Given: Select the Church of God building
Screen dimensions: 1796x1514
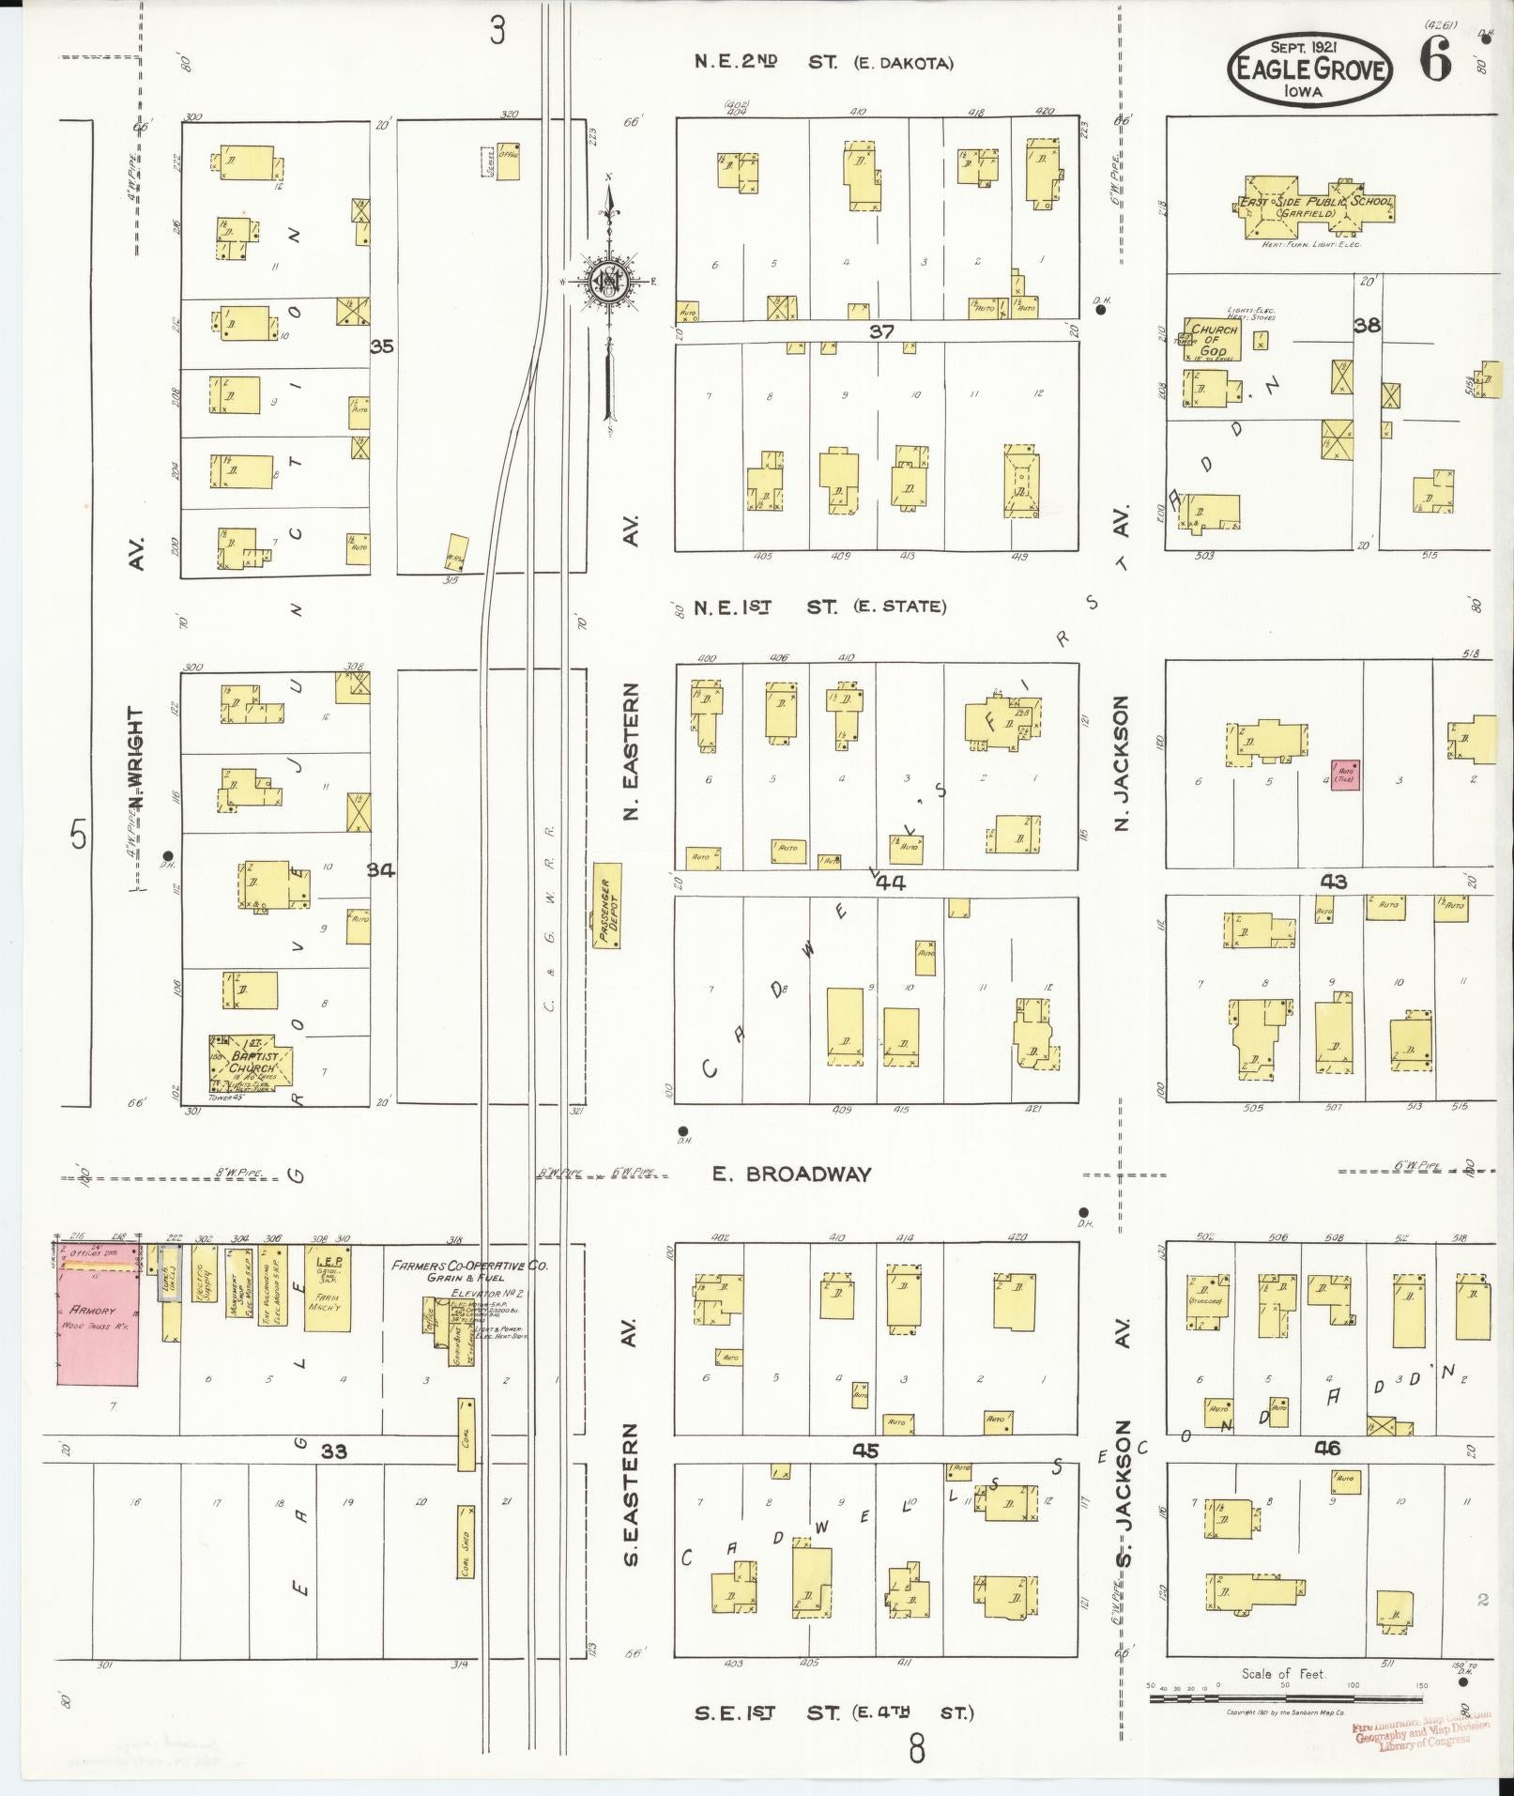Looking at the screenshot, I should (1212, 340).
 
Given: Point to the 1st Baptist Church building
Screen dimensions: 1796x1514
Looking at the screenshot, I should (249, 1066).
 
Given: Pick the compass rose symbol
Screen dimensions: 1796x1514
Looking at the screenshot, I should (607, 279).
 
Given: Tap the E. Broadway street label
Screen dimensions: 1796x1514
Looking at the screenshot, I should (791, 1174).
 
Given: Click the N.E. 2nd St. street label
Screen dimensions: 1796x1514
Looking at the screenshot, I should (823, 63).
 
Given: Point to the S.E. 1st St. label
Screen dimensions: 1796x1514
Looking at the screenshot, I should (831, 1712).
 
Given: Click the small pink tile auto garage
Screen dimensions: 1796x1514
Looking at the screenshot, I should (1344, 775).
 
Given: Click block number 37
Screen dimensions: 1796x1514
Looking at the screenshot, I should (881, 330).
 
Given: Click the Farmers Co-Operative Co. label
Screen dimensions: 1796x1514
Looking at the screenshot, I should (470, 1266).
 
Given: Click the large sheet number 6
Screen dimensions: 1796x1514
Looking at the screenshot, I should (1434, 62).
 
